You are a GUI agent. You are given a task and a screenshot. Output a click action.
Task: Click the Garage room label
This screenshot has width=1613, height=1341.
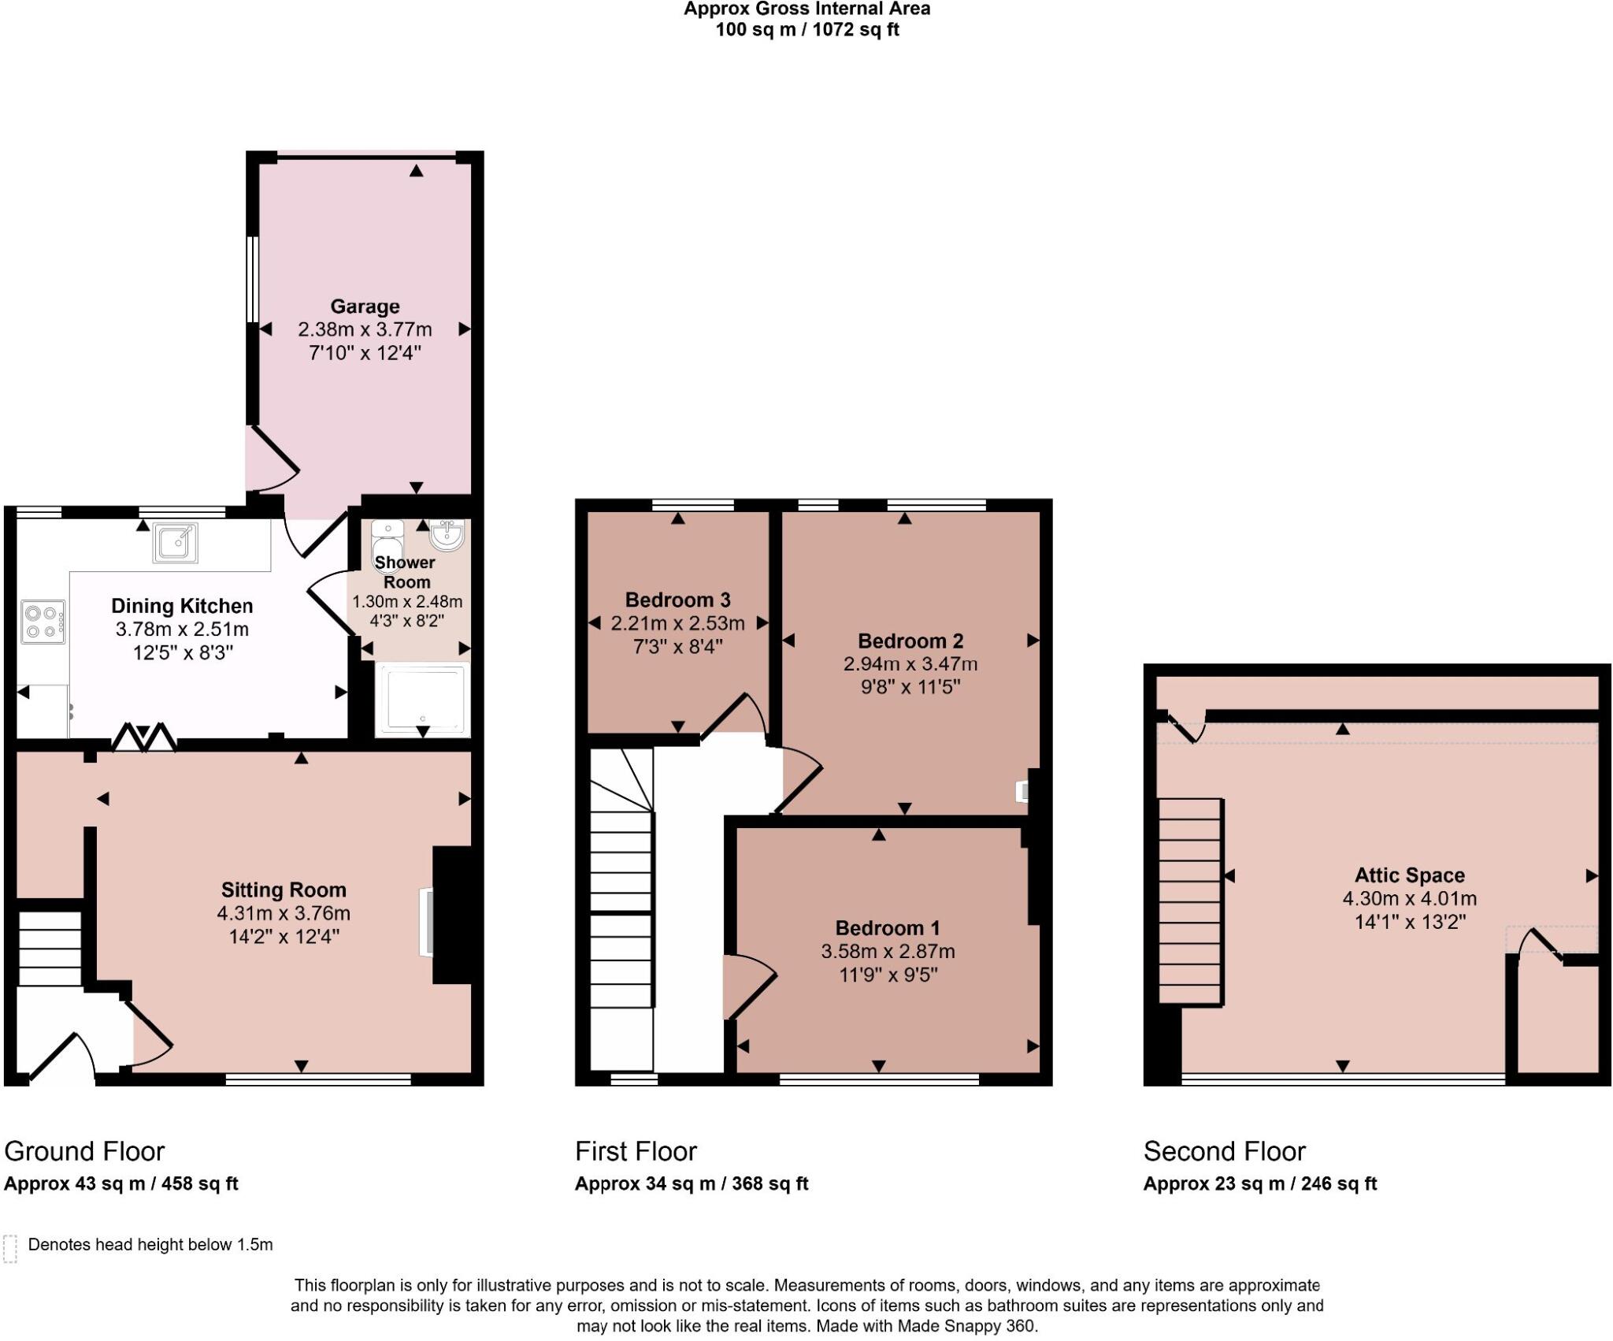365,306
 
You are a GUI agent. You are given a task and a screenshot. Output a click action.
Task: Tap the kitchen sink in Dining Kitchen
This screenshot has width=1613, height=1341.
175,542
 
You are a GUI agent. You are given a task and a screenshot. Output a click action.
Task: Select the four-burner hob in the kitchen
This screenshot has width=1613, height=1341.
43,622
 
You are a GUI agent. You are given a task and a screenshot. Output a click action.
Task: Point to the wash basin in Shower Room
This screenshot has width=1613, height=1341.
447,535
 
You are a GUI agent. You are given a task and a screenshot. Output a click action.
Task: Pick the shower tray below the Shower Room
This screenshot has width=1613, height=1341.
423,698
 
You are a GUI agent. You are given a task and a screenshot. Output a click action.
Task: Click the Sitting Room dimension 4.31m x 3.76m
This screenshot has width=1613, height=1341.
284,913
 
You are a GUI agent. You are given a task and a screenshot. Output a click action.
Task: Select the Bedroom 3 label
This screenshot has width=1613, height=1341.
677,600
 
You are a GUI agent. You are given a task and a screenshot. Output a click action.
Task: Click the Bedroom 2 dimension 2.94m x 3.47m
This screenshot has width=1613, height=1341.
910,663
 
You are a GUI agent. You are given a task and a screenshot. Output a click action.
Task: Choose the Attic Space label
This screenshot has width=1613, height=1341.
1409,875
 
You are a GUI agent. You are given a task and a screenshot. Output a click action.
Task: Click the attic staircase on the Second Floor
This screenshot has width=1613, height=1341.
1190,901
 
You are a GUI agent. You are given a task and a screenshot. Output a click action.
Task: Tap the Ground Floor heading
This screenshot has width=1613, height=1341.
84,1151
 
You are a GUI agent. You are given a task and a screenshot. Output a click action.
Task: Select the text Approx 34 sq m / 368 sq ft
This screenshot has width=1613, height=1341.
691,1183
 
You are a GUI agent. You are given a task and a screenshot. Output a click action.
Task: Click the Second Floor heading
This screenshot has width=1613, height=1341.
1224,1151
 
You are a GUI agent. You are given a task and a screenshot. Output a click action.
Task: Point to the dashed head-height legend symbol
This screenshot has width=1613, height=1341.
10,1249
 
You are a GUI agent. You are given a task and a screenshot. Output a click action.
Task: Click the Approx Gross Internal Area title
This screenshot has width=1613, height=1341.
806,9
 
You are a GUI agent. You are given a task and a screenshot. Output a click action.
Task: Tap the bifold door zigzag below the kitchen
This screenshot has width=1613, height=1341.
143,737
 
